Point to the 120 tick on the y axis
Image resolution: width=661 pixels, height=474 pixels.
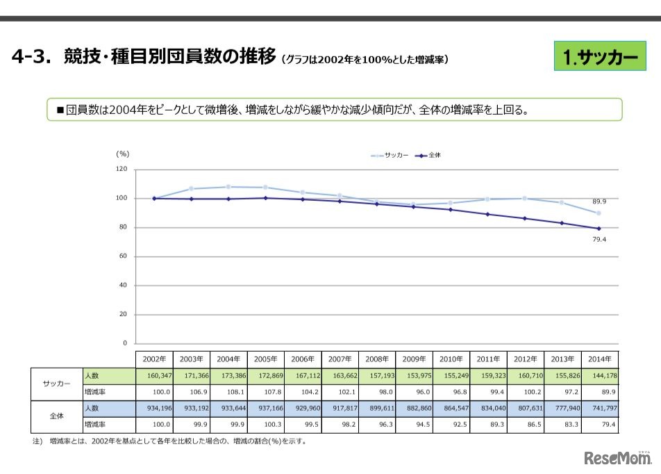[122, 169]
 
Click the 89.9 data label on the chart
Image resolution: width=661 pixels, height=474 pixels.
[599, 201]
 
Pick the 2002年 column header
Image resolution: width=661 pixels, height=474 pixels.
[153, 359]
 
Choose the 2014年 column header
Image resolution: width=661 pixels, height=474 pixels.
[599, 359]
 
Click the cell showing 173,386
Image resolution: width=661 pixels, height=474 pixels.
[228, 375]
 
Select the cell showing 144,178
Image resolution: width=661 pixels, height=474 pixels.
[599, 375]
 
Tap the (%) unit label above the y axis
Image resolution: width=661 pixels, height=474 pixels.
[122, 154]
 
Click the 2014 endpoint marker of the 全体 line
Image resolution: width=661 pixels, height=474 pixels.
[599, 228]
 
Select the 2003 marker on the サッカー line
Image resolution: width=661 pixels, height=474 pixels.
[191, 188]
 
